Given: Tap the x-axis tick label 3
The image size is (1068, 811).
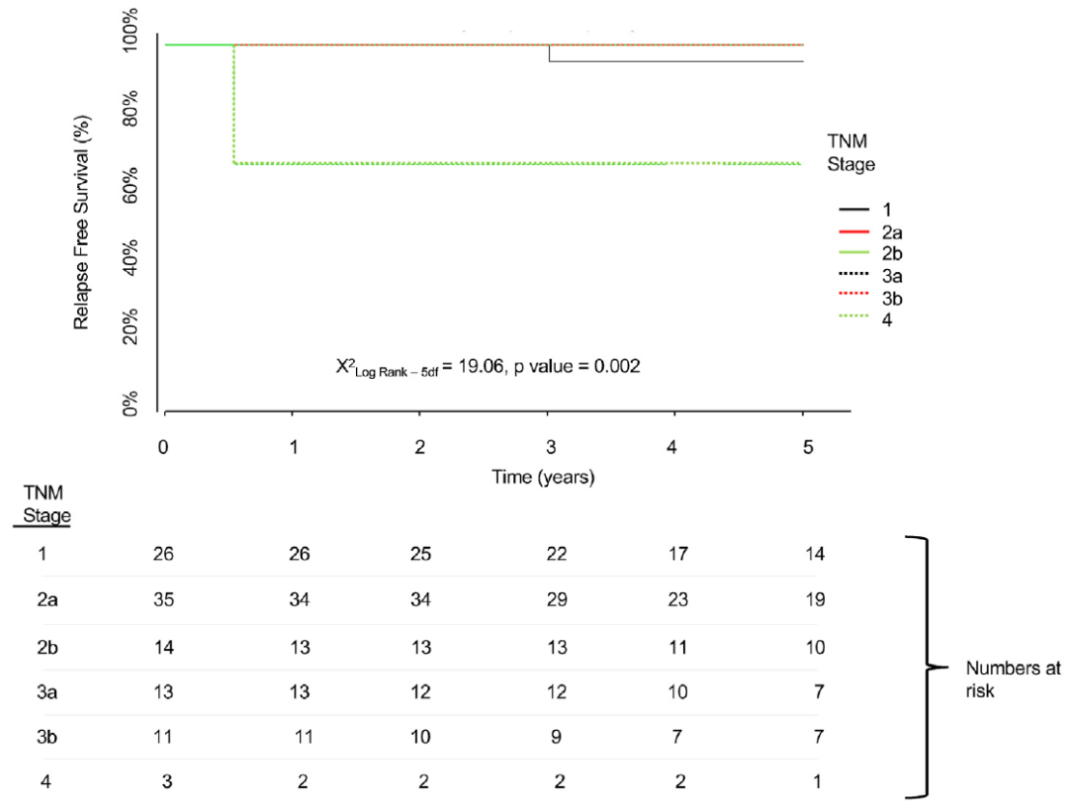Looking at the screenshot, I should (x=547, y=447).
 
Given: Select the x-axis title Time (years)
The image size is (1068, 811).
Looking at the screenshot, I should (x=543, y=477).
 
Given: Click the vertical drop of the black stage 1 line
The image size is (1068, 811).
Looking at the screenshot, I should (x=549, y=53).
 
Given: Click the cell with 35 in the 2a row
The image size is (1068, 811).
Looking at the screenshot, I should (x=163, y=599).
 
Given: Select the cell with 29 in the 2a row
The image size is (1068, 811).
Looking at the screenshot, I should (x=557, y=599).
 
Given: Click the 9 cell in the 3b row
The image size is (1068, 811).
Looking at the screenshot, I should (x=557, y=737).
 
